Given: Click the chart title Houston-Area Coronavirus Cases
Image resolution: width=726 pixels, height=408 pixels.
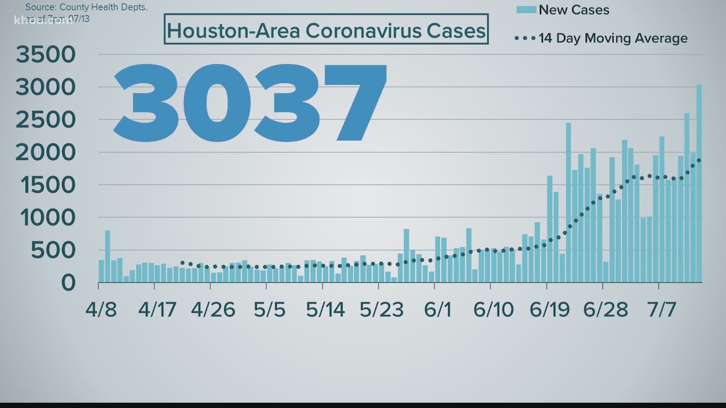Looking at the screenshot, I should coord(326,30).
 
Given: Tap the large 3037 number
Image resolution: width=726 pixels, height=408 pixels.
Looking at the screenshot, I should coord(250,103).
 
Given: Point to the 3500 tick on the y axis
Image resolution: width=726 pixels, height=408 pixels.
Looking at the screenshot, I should coord(46,54).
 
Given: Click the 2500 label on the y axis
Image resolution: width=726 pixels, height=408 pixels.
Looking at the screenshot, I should coord(46,120).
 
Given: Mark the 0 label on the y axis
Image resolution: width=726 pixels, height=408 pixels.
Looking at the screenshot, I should coord(68,283).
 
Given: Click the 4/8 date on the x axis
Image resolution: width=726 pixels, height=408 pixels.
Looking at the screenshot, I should coord(101,310).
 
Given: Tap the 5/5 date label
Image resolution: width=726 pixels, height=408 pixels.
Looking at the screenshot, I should coord(269,310).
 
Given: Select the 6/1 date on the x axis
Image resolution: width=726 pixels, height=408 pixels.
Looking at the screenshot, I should coord(437,310).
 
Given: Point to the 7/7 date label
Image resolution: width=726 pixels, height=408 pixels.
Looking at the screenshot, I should coord(661,310).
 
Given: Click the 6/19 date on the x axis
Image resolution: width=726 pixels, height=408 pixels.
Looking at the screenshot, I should coord(549,310).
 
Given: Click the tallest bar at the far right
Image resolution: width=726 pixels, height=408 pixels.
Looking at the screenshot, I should coord(699,184).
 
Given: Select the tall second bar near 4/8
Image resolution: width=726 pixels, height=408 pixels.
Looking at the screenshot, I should coord(107,256).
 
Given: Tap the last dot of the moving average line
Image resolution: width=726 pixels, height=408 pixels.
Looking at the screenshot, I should coord(699,161).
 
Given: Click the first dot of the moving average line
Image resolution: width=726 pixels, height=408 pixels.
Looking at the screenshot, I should coord(182,263).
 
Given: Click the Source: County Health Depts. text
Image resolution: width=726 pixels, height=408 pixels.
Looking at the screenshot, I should coord(87,7).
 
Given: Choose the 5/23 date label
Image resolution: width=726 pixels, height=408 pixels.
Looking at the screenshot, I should coord(382,310).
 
